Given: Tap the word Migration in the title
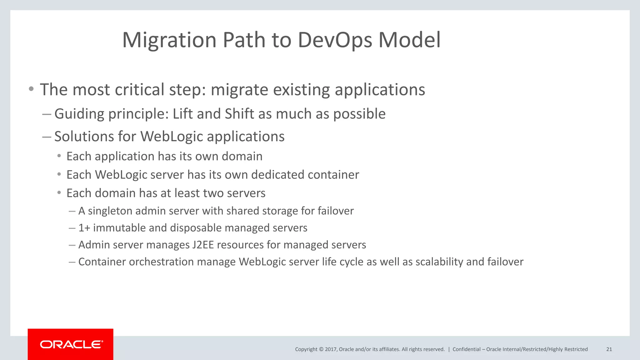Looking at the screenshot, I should pyautogui.click(x=169, y=40).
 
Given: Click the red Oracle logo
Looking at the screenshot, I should pyautogui.click(x=71, y=344).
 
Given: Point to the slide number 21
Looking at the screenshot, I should pyautogui.click(x=609, y=349).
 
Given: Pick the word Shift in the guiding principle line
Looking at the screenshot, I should pyautogui.click(x=239, y=114).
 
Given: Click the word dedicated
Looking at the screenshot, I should pyautogui.click(x=277, y=175).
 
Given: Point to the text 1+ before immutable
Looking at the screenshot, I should pyautogui.click(x=84, y=228).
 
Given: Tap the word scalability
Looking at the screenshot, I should pyautogui.click(x=439, y=262).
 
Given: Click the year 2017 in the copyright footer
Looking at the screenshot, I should pyautogui.click(x=331, y=349).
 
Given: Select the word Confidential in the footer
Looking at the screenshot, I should pyautogui.click(x=466, y=349).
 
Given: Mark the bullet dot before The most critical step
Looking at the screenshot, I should pyautogui.click(x=31, y=89).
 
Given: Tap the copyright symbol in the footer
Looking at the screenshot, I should pyautogui.click(x=321, y=349).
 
